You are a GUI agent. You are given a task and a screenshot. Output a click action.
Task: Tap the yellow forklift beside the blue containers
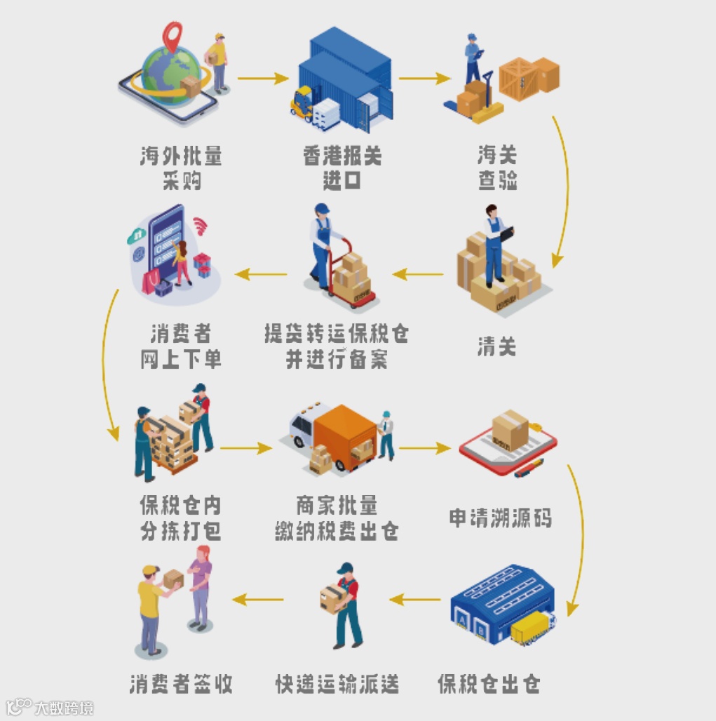click(302, 103)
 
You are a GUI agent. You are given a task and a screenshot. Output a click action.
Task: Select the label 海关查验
click(497, 168)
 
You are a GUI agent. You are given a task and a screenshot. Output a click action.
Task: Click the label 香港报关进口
click(342, 168)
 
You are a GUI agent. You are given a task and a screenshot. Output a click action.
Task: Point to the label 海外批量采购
click(181, 168)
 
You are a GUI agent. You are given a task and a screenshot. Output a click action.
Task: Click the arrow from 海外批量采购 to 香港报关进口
click(263, 78)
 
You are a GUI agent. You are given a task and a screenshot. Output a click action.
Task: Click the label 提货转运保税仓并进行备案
click(337, 346)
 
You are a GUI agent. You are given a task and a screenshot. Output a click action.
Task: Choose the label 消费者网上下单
click(181, 346)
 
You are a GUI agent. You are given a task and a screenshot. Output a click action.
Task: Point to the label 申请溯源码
click(500, 518)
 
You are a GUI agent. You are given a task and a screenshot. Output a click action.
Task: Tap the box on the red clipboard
click(510, 429)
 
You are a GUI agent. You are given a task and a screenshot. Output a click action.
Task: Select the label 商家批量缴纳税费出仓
click(337, 518)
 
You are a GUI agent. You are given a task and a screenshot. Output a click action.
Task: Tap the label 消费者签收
click(181, 682)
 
